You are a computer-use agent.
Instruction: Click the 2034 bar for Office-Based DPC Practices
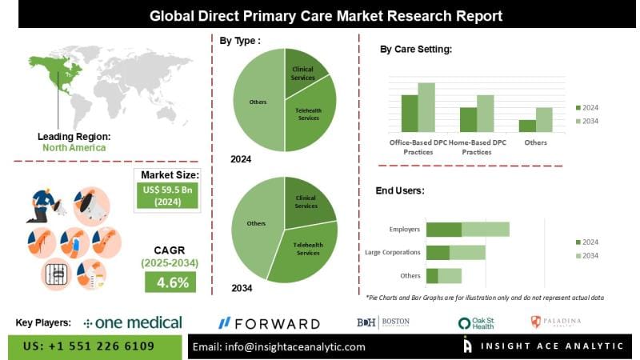click(x=426, y=106)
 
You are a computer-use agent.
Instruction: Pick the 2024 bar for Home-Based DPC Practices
click(x=468, y=119)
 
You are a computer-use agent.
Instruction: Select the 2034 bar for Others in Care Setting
click(x=544, y=119)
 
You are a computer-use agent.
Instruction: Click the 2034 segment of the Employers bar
click(x=485, y=230)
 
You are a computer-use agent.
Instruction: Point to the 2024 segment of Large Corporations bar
click(x=438, y=253)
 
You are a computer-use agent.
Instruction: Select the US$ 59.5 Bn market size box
click(x=168, y=196)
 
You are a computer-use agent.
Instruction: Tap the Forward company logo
click(x=269, y=323)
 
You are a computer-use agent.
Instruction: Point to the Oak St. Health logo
click(x=477, y=323)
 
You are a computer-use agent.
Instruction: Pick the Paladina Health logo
click(x=555, y=322)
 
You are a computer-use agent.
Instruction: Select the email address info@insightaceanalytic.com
click(x=279, y=346)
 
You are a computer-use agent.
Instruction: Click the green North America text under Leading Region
click(x=74, y=148)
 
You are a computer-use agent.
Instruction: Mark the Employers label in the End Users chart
click(x=404, y=230)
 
